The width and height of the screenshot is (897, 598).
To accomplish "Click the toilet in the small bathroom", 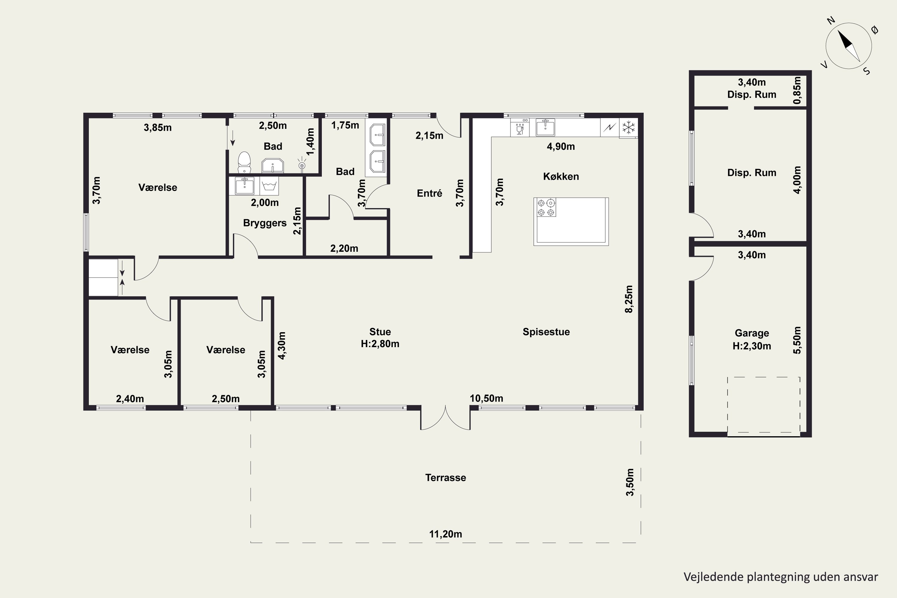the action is click(244, 163).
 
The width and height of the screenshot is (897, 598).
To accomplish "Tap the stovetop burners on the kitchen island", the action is click(546, 208).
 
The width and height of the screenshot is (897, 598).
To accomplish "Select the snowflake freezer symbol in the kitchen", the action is click(628, 127).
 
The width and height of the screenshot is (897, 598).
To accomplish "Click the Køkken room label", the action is click(561, 176).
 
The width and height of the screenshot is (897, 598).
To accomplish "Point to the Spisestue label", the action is click(546, 332).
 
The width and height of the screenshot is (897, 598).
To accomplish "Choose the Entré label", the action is click(429, 193).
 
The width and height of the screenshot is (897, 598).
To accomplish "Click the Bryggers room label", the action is click(265, 223).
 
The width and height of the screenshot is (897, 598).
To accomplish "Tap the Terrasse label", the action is click(446, 478).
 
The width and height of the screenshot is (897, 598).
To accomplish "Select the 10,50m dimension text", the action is click(486, 399).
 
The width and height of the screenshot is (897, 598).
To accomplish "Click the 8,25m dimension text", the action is click(629, 299).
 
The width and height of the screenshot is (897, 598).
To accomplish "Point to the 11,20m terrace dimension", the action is click(446, 534).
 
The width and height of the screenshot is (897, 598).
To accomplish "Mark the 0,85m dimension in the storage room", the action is click(797, 90).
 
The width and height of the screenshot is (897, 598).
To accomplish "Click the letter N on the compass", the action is click(831, 31).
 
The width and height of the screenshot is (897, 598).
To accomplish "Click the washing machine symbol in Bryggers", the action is click(269, 186).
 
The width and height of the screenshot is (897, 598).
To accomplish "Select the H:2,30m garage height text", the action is click(752, 346).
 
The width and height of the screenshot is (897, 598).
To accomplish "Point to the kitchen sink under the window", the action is click(545, 127).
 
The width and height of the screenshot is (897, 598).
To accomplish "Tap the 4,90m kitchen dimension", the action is click(561, 147).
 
